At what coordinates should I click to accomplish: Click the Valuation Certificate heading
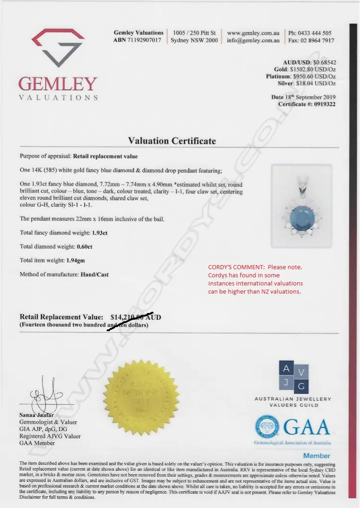pyautogui.click(x=172, y=141)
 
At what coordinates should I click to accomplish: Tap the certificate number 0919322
pyautogui.click(x=321, y=104)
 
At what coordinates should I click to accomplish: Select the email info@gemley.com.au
pyautogui.click(x=253, y=41)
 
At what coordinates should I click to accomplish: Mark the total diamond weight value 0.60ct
pyautogui.click(x=84, y=247)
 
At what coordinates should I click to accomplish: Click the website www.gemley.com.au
pyautogui.click(x=253, y=33)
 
